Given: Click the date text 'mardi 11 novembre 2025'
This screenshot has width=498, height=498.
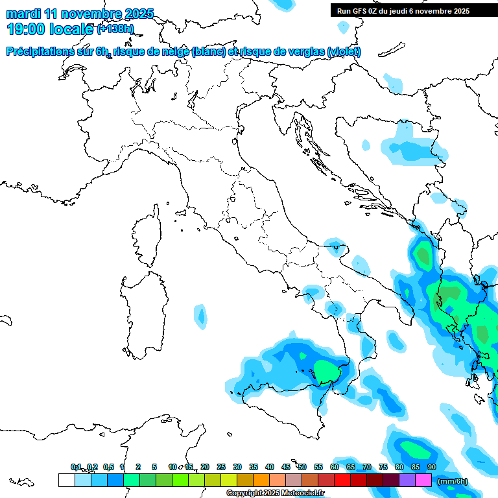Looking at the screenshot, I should coord(80,14).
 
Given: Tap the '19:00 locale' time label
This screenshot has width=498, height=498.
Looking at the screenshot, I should coord(51,29).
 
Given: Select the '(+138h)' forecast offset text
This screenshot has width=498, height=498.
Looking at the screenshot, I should coord(115,29).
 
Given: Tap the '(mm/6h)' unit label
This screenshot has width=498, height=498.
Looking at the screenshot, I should coord(452,481).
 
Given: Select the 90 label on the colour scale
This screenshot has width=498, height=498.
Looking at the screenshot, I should coord(431,467).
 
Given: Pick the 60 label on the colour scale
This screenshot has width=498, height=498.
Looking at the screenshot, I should coord(334,467).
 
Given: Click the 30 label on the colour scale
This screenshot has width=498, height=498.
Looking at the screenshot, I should coord(237,467).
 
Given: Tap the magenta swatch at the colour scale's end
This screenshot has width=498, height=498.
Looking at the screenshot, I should coord(423,480).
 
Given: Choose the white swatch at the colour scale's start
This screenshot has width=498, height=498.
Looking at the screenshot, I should coord(66,480).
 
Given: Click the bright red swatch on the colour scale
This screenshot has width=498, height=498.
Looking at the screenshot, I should coord(342,480).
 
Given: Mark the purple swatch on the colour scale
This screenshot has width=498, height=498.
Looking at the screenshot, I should coord(407,480).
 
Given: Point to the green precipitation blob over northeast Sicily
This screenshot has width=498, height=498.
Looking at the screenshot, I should coord(327,371).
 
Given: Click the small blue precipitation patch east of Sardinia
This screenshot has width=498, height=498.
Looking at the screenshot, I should coord(202,316).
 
